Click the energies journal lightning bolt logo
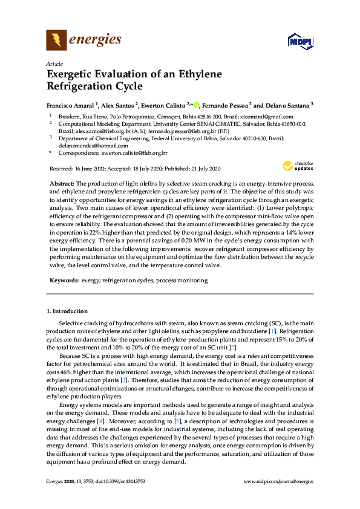click(56, 41)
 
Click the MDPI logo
click(299, 42)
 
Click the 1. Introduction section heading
click(67, 311)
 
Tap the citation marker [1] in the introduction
click(272, 332)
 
